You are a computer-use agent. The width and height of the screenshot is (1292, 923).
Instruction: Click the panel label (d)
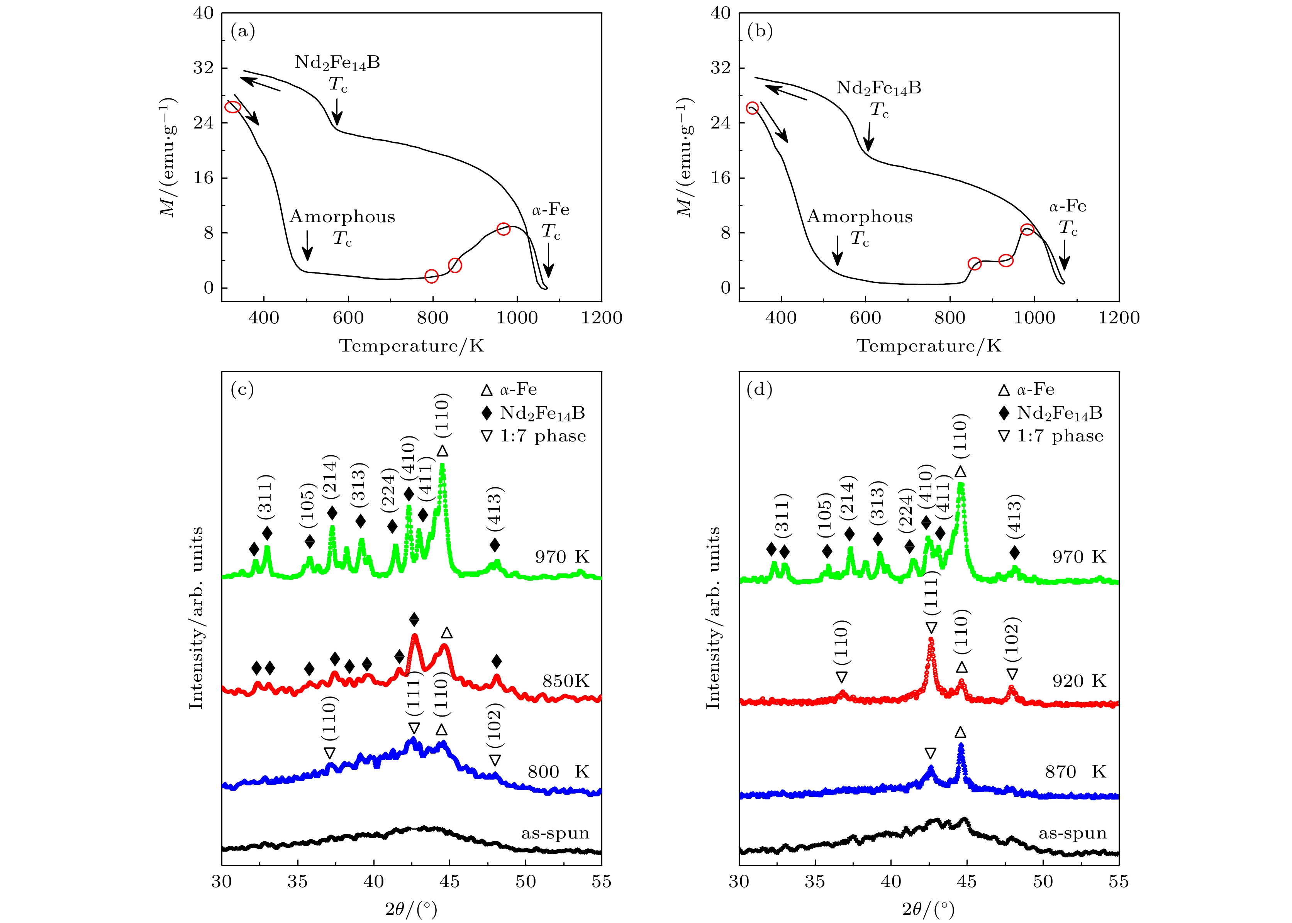[x=760, y=389]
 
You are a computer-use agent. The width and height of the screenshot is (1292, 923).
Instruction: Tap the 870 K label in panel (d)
[x=1075, y=771]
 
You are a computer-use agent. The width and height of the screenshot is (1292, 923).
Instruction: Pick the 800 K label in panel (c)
[x=558, y=771]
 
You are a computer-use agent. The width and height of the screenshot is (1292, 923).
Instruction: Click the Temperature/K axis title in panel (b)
[x=929, y=346]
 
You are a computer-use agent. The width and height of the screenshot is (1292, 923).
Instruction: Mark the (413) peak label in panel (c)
[x=494, y=506]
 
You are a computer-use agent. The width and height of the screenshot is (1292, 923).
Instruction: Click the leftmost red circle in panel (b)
[x=752, y=108]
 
